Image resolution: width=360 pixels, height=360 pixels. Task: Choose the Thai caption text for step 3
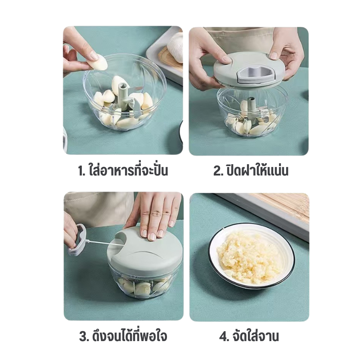[x=129, y=335]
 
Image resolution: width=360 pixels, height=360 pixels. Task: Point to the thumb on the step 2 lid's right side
[x=274, y=55]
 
